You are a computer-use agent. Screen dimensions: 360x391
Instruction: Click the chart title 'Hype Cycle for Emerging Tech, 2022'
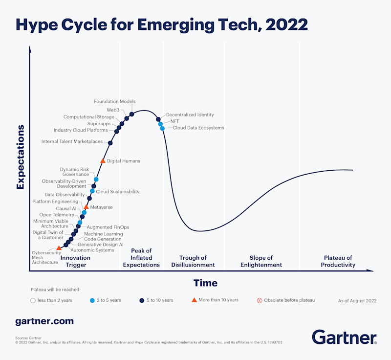pyautogui.click(x=162, y=24)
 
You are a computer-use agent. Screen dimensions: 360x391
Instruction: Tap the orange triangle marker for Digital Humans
pyautogui.click(x=103, y=160)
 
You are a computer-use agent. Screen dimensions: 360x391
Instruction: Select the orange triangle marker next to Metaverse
pyautogui.click(x=87, y=207)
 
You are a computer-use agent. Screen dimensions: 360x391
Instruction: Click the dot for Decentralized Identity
pyautogui.click(x=158, y=119)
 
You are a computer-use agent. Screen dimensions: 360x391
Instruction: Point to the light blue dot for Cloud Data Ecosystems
pyautogui.click(x=162, y=129)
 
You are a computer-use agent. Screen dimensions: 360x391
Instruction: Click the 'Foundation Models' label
pyautogui.click(x=115, y=102)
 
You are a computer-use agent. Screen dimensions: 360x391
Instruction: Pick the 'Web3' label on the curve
pyautogui.click(x=113, y=110)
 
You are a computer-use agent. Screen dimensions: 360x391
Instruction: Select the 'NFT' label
pyautogui.click(x=174, y=121)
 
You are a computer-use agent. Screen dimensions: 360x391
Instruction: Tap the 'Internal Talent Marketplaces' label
pyautogui.click(x=72, y=142)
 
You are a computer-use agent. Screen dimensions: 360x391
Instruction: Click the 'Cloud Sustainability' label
pyautogui.click(x=117, y=192)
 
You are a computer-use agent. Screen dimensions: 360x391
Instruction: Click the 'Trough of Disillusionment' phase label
pyautogui.click(x=193, y=261)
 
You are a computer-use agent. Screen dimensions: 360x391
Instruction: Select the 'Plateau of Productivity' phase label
pyautogui.click(x=338, y=261)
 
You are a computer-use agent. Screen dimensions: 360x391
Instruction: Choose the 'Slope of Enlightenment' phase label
pyautogui.click(x=261, y=261)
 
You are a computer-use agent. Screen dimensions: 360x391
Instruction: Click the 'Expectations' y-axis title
pyautogui.click(x=21, y=157)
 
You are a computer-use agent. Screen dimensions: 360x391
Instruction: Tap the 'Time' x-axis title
pyautogui.click(x=205, y=283)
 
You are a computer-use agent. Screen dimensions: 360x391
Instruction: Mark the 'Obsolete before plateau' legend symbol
pyautogui.click(x=260, y=300)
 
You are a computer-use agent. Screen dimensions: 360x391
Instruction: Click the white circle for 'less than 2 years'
pyautogui.click(x=33, y=300)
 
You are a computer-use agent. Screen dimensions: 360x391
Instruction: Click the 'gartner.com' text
pyautogui.click(x=44, y=321)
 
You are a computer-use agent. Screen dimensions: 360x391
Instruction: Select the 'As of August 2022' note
pyautogui.click(x=357, y=301)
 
